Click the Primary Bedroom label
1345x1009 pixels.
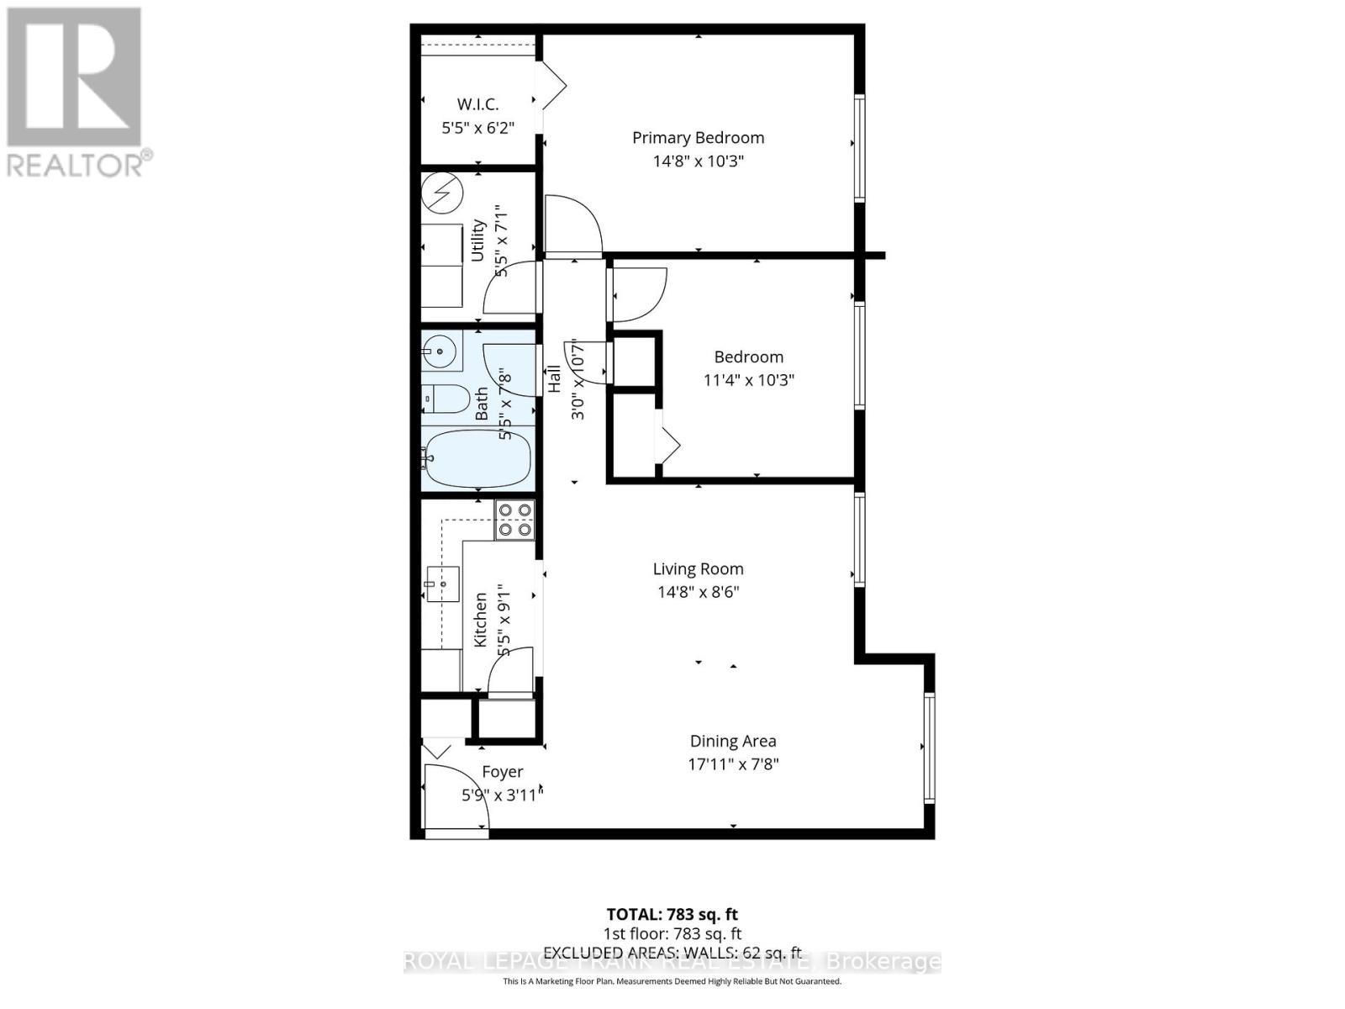point(698,138)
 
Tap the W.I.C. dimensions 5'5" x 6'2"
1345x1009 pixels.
point(477,128)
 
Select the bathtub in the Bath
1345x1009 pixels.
point(477,458)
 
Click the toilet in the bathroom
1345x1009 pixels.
point(446,399)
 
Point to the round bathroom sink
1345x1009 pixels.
point(439,350)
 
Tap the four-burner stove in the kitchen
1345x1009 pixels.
point(514,520)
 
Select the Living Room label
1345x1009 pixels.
point(698,569)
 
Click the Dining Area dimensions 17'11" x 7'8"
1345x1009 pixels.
point(732,764)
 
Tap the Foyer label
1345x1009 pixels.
point(503,772)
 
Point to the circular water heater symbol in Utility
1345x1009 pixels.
point(442,193)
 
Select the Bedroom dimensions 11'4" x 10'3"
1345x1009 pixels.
point(748,380)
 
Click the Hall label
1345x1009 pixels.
point(555,378)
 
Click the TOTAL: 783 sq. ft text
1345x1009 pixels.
point(672,914)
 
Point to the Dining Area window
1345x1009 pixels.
point(928,748)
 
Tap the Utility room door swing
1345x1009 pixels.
point(509,288)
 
